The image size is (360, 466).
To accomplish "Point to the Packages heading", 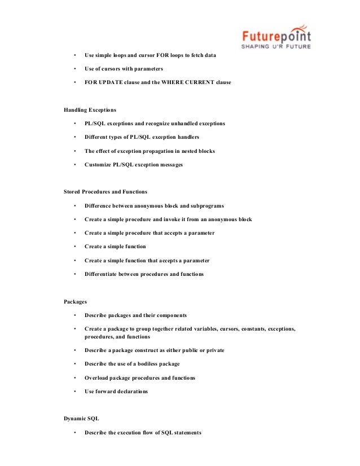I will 75,302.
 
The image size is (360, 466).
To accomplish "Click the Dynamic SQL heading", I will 81,419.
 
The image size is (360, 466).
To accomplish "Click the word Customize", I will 98,165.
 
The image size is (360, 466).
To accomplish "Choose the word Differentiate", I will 102,274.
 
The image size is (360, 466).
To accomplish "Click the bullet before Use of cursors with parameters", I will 74,69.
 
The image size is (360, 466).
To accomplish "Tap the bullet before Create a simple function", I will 74,247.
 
